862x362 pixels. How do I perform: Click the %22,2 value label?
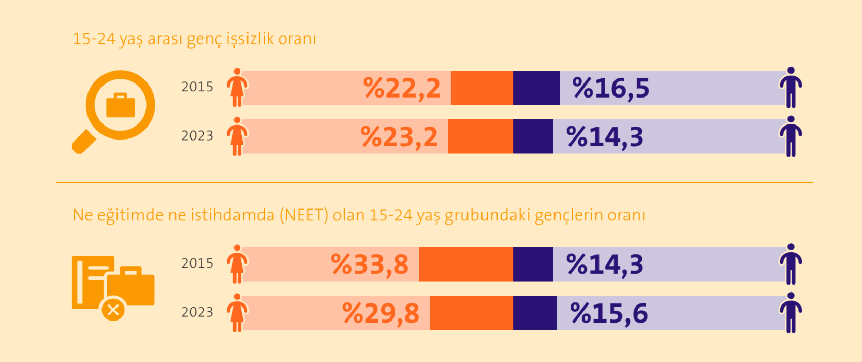click(x=402, y=88)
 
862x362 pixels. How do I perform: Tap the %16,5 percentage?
click(x=610, y=88)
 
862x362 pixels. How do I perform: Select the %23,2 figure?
click(x=399, y=137)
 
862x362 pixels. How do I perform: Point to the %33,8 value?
click(x=370, y=264)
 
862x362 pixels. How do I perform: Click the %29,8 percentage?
click(x=381, y=313)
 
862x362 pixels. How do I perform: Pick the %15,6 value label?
click(x=609, y=313)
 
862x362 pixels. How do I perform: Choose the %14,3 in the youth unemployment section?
click(x=605, y=137)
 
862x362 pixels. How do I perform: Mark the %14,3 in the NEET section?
click(x=605, y=264)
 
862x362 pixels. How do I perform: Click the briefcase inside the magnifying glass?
click(x=120, y=105)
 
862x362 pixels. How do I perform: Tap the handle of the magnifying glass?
click(x=83, y=141)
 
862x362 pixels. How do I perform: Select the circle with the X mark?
click(x=113, y=310)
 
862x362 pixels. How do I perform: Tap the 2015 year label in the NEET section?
click(x=197, y=263)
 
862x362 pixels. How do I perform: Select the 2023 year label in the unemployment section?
click(x=197, y=136)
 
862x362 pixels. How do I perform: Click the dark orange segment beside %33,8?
click(x=465, y=264)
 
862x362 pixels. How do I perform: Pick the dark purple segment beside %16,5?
click(x=536, y=88)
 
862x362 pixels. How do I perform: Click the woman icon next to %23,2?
click(x=237, y=136)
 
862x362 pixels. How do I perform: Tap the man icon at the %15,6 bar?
click(x=791, y=312)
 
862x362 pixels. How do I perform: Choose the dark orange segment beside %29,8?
click(x=471, y=313)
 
